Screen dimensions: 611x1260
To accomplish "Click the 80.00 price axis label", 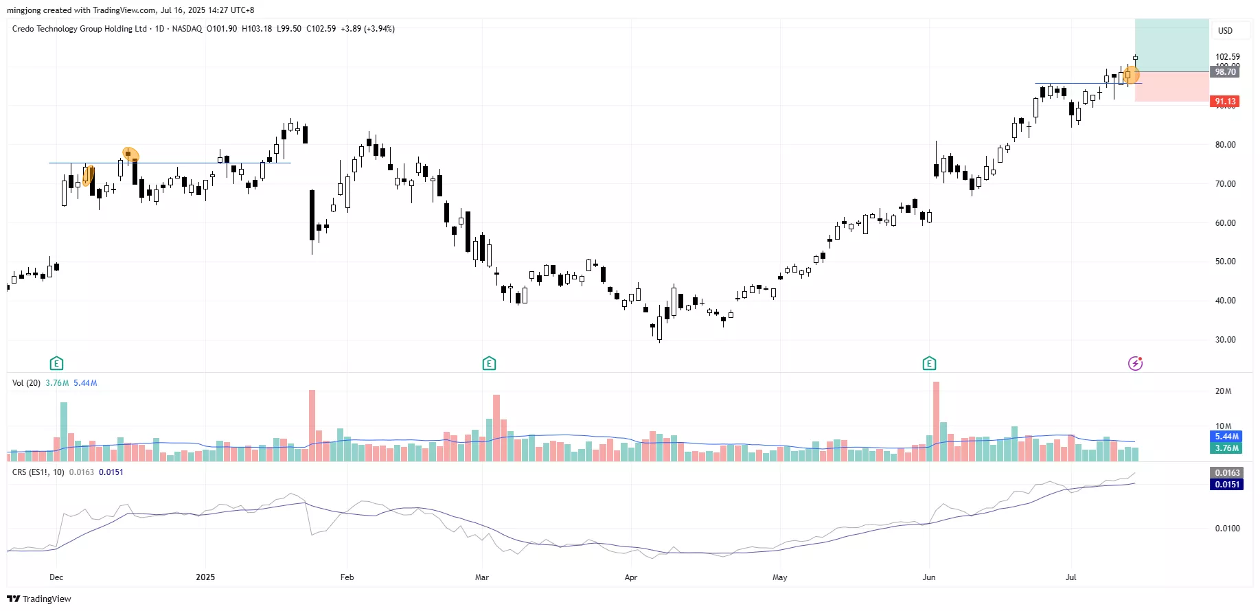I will [x=1225, y=145].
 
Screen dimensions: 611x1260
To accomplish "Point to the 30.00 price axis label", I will [x=1225, y=340].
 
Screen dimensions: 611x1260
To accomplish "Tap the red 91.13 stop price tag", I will [x=1225, y=102].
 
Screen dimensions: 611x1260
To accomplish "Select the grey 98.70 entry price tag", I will [x=1225, y=72].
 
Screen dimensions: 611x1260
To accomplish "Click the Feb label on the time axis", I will [x=347, y=577].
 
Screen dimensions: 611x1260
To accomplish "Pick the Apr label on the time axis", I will [x=631, y=577].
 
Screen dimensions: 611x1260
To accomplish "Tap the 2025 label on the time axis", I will [x=205, y=577].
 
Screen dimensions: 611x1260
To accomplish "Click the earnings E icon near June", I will [x=929, y=363].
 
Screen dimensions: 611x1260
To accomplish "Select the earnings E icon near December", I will [x=56, y=363].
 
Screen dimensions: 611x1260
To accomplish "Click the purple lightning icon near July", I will [x=1135, y=363].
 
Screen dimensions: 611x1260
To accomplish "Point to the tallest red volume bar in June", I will [x=936, y=420].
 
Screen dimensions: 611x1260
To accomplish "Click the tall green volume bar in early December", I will [x=64, y=431].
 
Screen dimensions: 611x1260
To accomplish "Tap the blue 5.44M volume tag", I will [x=1226, y=437].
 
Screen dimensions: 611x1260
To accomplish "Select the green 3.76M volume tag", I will [x=1226, y=448].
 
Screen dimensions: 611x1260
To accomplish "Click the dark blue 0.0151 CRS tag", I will [x=1227, y=485].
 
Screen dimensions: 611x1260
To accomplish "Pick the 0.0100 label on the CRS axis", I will [x=1227, y=529].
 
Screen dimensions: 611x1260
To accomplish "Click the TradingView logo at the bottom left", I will [x=39, y=599].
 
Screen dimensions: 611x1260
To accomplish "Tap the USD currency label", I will [x=1225, y=31].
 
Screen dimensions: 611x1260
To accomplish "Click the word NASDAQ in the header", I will [x=187, y=29].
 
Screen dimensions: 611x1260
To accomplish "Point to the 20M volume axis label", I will [x=1223, y=391].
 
